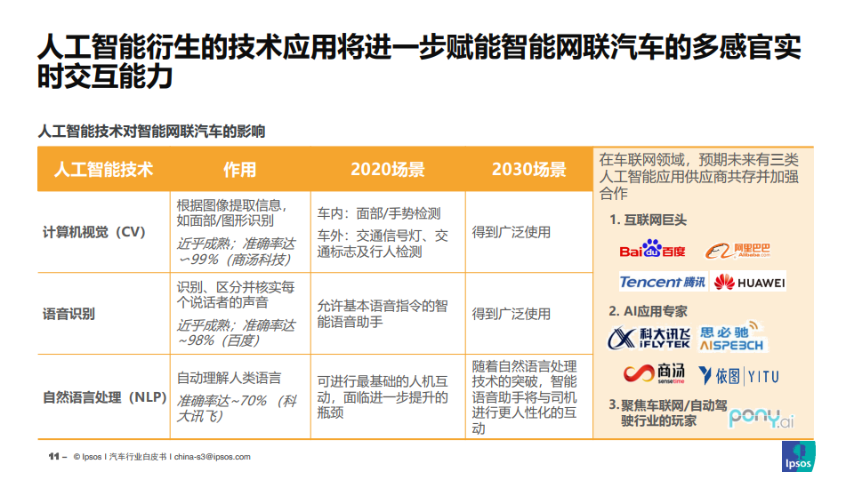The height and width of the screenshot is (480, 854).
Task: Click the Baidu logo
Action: (652, 249)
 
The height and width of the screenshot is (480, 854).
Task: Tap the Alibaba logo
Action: (737, 251)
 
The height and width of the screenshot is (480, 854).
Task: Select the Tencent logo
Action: (663, 282)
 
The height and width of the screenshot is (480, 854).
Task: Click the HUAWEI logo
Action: (749, 282)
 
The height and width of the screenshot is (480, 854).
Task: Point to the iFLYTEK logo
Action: (649, 338)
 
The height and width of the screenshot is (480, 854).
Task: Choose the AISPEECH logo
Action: (731, 336)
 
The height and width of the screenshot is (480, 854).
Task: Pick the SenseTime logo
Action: (654, 373)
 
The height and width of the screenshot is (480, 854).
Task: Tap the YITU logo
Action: (739, 375)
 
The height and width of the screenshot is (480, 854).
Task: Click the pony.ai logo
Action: (761, 418)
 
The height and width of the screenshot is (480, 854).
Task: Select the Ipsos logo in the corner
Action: (798, 456)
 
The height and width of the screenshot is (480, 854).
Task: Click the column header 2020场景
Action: (387, 170)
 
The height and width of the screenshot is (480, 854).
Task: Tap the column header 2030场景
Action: (528, 170)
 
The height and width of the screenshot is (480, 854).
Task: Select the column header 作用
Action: (239, 170)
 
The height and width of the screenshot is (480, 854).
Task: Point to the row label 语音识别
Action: (68, 314)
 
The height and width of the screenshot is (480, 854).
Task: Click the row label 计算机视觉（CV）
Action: (94, 232)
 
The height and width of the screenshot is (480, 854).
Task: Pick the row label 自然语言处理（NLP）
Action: (105, 397)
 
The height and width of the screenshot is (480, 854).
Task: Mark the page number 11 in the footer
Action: (53, 457)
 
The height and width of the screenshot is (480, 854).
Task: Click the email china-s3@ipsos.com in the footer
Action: (213, 457)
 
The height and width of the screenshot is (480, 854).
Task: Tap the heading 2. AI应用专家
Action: (648, 311)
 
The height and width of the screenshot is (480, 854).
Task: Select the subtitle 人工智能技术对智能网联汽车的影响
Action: (151, 132)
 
